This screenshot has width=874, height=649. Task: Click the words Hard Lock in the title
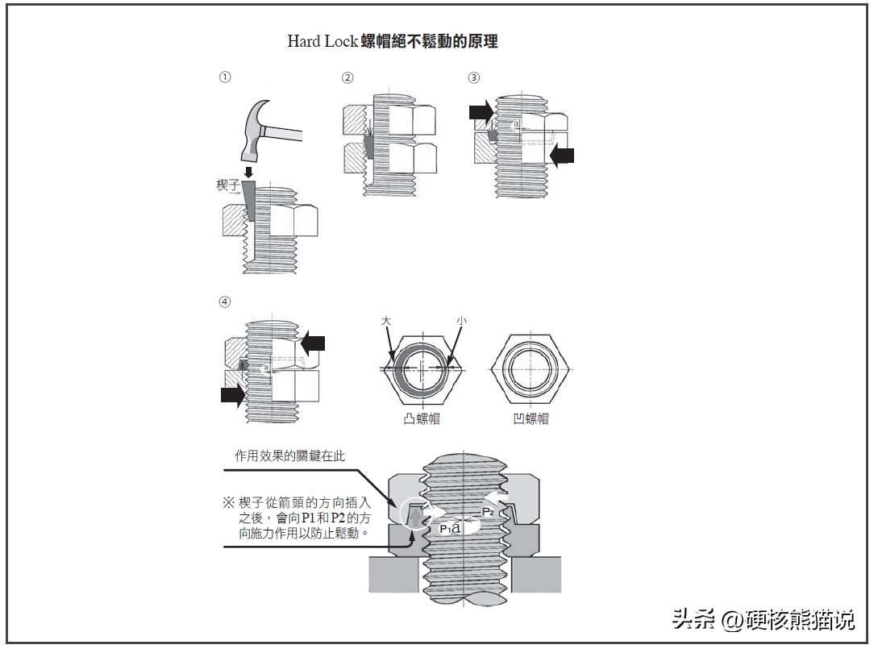(323, 41)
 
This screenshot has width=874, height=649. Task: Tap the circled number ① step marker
(225, 77)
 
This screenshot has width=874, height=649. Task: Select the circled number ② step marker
(348, 77)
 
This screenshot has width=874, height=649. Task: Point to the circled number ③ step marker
(474, 77)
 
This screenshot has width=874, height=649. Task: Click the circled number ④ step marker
(225, 302)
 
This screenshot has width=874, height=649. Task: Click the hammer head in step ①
(256, 129)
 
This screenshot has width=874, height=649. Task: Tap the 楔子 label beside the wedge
(228, 185)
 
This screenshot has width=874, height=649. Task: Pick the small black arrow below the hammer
(248, 172)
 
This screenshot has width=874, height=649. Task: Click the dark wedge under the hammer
(249, 201)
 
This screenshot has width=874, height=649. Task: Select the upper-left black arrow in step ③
(481, 111)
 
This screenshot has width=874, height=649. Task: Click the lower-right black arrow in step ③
(562, 155)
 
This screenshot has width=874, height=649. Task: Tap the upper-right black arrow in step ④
(313, 343)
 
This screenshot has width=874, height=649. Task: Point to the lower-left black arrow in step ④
(233, 395)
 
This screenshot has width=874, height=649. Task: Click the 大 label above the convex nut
(386, 321)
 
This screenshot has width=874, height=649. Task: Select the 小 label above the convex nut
(461, 321)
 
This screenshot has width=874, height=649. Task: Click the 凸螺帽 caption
(422, 418)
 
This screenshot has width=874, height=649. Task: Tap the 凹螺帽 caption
(531, 418)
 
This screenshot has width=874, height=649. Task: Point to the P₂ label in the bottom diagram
(489, 511)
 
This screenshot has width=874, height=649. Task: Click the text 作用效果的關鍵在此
(289, 456)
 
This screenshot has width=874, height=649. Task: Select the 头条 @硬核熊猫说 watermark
(764, 619)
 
